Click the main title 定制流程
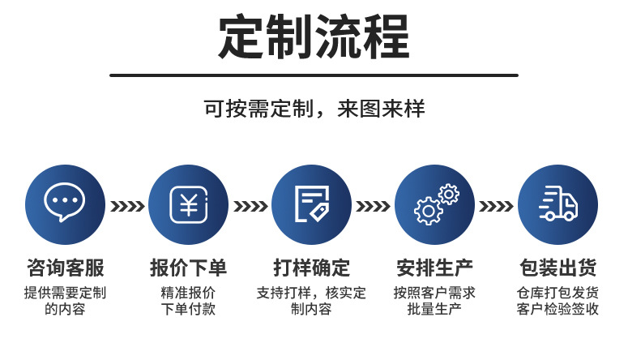[x=314, y=37]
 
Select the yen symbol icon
[x=188, y=204]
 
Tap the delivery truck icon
[x=558, y=204]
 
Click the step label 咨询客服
[x=65, y=268]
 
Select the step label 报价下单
[x=188, y=268]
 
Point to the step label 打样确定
[x=311, y=268]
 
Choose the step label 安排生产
[x=435, y=268]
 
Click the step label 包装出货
[x=558, y=268]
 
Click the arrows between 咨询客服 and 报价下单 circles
[x=126, y=206]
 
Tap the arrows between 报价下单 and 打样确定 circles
[x=250, y=206]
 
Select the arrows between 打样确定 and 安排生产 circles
[x=373, y=206]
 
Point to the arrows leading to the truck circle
[x=497, y=206]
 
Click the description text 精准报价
[x=188, y=293]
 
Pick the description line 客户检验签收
[x=558, y=309]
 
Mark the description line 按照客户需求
[x=435, y=293]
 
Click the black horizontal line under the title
[x=314, y=75]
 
